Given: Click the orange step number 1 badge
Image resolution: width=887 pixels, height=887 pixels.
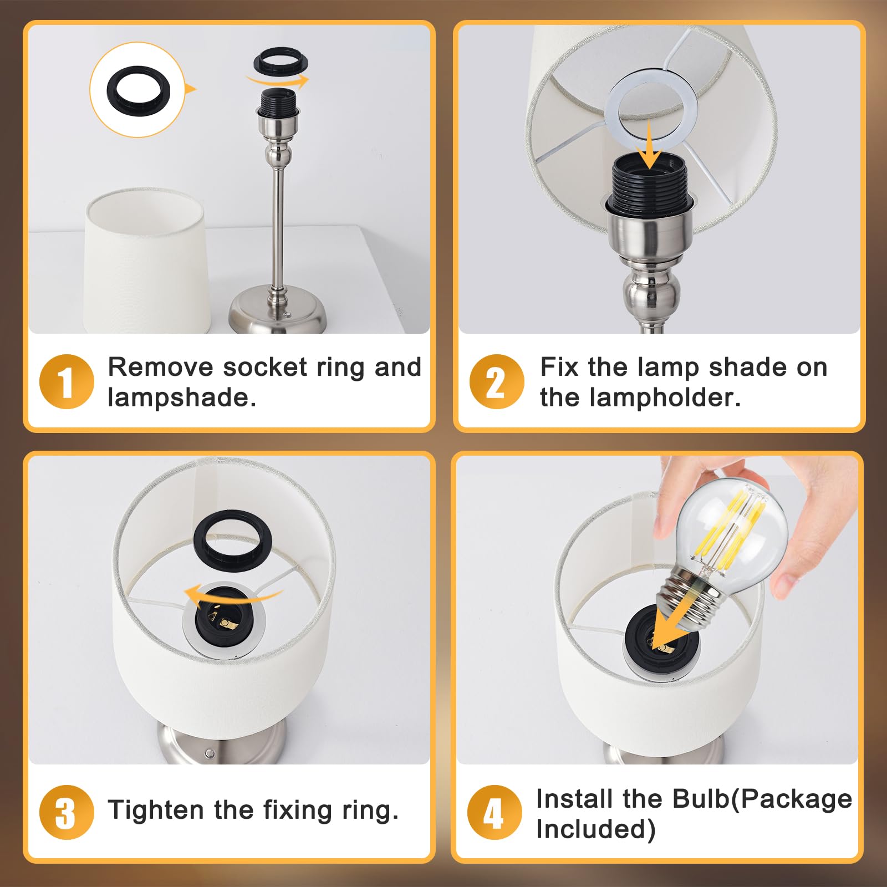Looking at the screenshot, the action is tap(67, 381).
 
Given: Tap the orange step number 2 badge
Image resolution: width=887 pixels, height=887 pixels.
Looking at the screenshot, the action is tap(497, 381).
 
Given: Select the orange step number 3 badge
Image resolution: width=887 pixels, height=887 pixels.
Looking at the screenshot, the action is tap(67, 813).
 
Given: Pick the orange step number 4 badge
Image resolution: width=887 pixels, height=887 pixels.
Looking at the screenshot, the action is tap(495, 813).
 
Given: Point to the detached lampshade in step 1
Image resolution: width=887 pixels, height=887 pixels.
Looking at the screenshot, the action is tap(147, 261).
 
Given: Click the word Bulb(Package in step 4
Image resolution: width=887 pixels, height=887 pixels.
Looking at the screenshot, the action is tap(762, 799).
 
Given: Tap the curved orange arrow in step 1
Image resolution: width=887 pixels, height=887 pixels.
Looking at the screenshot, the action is tap(277, 81).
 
